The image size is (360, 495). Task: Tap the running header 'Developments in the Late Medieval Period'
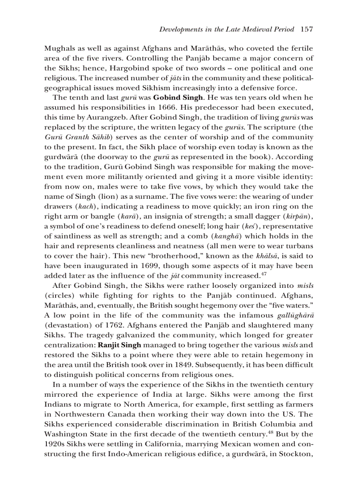[x=227, y=30]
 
